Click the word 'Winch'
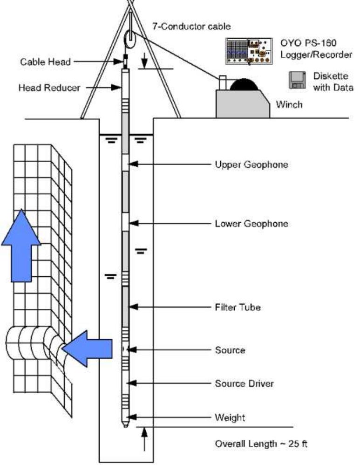(x=289, y=104)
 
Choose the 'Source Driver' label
(x=244, y=383)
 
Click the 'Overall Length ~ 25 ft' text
(x=261, y=444)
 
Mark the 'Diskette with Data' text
(x=331, y=82)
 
